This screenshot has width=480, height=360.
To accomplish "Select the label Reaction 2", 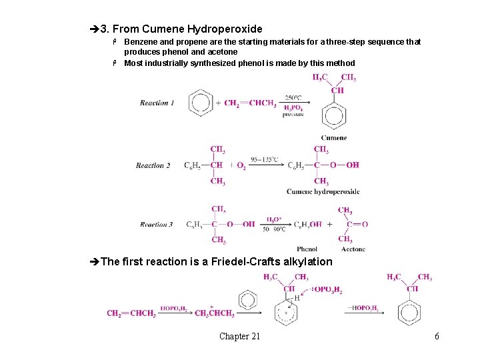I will pos(153,165).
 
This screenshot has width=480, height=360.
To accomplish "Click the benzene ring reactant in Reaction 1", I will pos(201,103).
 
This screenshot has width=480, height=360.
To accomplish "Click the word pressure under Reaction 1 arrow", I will pos(293,115).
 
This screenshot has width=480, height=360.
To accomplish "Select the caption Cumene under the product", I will pos(333,138).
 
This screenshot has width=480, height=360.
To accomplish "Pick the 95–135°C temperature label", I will pos(265,160).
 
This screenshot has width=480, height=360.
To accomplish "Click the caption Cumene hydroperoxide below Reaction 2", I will pos(323,192).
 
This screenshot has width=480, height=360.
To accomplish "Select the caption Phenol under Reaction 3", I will pos(307,249).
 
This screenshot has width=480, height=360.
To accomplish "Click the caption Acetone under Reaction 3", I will pos(353,249).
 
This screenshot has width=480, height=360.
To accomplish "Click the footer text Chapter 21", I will pos(239,336).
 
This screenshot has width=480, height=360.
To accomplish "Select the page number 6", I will pos(437,336).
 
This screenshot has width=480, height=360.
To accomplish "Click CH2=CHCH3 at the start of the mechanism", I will pos(131,313).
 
